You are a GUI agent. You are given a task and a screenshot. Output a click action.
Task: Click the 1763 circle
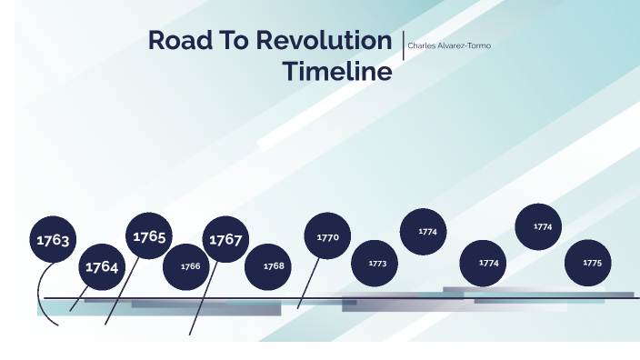53,240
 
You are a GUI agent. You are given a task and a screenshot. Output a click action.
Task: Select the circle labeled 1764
102,267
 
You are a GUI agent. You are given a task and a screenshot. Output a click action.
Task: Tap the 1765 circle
149,236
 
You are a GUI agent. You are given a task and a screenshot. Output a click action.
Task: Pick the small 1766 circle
190,266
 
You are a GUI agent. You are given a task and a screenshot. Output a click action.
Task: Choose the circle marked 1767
225,240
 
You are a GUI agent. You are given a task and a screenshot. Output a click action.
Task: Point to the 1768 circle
274,266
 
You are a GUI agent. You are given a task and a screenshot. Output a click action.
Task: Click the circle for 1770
327,237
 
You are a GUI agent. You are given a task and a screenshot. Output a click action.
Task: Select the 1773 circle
376,264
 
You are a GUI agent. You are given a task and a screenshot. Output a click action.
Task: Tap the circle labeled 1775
592,263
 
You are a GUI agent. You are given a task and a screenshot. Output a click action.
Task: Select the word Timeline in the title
336,72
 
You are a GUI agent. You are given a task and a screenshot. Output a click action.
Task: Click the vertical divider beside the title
403,45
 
